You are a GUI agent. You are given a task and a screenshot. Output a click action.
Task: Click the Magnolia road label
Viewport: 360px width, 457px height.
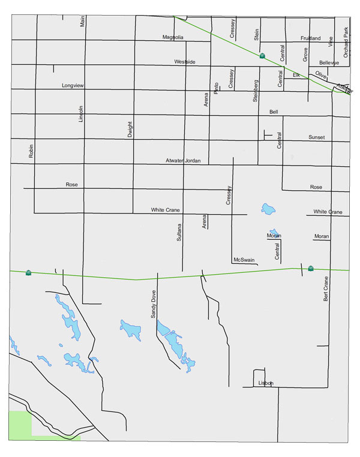173,37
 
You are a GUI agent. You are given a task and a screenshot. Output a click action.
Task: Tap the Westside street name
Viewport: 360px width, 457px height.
185,62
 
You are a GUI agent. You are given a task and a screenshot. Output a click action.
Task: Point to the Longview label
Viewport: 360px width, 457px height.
73,86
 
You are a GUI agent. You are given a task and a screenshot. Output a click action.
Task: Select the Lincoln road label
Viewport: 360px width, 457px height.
82,114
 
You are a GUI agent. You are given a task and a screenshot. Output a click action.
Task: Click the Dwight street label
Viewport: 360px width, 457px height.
130,130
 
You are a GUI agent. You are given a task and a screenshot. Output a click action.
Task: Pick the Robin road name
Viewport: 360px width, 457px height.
32,151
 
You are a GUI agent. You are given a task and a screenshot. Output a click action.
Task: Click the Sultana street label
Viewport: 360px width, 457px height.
179,230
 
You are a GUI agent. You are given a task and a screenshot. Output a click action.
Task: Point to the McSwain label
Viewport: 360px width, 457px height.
244,260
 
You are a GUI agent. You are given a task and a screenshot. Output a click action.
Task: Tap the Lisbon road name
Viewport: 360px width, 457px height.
265,383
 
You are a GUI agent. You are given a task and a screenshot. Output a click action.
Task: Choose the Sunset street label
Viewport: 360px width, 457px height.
316,137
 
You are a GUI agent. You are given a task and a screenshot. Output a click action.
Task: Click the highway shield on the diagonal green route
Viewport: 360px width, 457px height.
262,56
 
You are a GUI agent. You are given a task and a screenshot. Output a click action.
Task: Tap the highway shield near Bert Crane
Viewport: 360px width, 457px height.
310,268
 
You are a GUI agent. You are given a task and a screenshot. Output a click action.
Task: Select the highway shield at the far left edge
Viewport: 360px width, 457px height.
28,273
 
